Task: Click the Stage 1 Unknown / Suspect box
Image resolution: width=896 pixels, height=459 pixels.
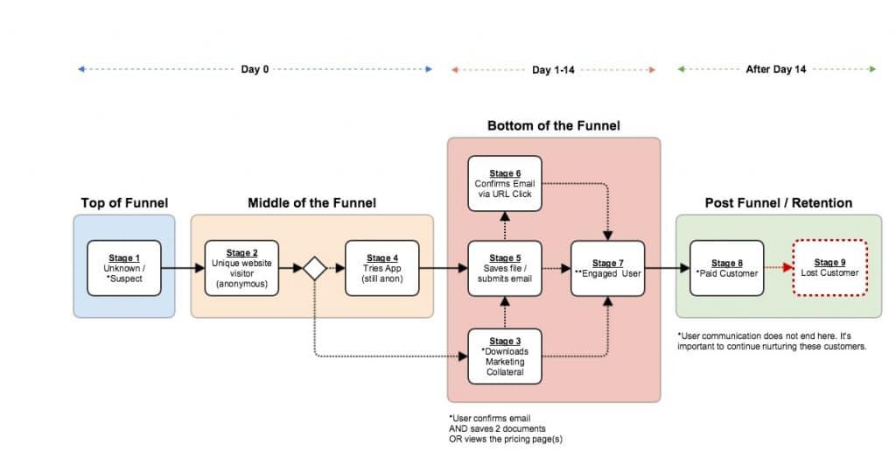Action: click(x=124, y=267)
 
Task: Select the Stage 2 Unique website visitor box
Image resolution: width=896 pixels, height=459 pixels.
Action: click(x=242, y=267)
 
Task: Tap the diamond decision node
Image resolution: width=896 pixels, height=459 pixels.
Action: click(x=314, y=269)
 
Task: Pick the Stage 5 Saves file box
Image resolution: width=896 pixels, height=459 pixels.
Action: click(x=504, y=267)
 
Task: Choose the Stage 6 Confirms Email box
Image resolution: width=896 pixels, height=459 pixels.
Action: click(x=504, y=184)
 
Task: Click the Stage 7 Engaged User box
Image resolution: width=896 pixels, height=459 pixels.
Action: click(x=608, y=267)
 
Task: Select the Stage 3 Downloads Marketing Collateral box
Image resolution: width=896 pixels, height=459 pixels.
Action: click(x=504, y=357)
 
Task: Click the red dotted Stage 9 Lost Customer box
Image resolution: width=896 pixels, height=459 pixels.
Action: click(x=830, y=267)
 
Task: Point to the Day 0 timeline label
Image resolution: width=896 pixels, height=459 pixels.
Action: click(x=255, y=69)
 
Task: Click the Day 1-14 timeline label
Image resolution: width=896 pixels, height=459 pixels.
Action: click(x=553, y=69)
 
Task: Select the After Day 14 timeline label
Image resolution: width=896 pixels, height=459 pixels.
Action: click(x=776, y=69)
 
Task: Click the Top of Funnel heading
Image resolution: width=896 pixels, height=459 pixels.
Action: click(x=124, y=203)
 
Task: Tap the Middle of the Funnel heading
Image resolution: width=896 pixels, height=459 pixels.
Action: click(x=311, y=203)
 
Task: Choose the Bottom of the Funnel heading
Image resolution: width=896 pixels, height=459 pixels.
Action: click(x=553, y=126)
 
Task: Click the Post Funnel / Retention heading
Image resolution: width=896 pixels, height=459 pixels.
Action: click(x=778, y=203)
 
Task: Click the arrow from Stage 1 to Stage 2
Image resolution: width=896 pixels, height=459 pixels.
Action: click(x=183, y=268)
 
